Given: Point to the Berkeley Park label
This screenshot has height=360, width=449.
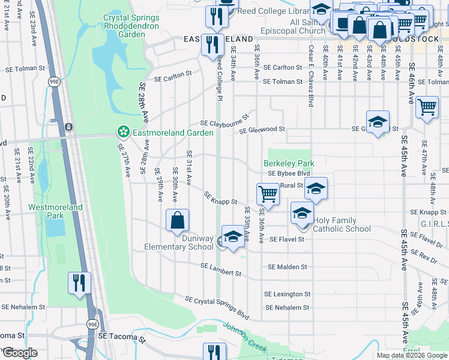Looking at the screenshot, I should pos(289,163).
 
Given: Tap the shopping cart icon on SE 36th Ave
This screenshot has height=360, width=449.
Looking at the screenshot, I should pos(268,194).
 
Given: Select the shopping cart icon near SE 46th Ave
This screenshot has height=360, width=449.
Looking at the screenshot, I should pos(427,108).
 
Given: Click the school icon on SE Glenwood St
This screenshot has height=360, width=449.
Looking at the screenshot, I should pos(377,122).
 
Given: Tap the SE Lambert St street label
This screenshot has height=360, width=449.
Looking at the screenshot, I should pos(220,269).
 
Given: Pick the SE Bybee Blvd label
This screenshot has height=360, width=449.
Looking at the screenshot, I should pos(288,173).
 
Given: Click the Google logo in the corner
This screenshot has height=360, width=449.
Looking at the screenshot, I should pos(19,352).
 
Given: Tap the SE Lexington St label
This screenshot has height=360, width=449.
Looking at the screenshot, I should pos(288,294).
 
